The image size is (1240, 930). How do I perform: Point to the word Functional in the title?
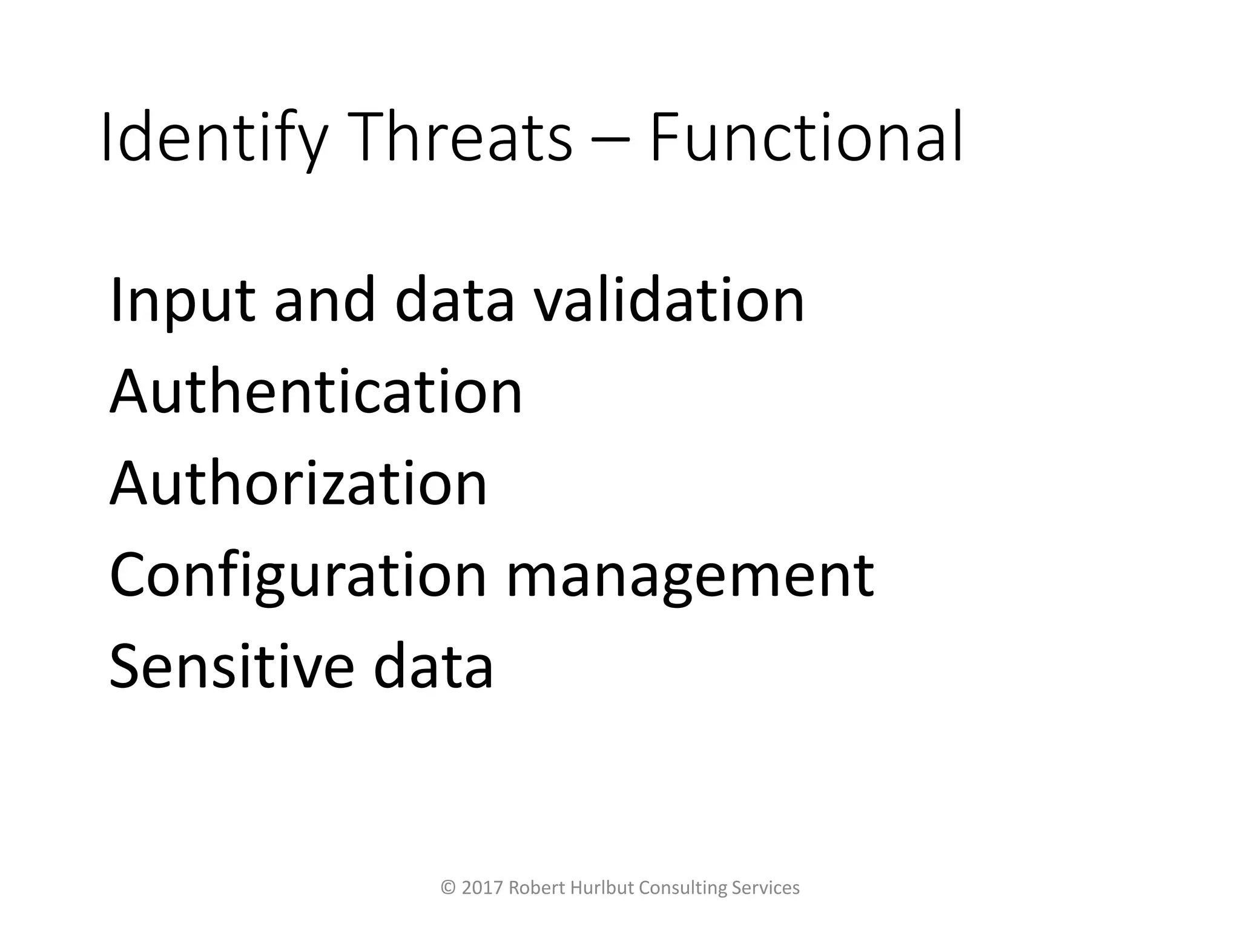(x=806, y=138)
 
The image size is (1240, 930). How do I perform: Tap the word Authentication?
(x=315, y=392)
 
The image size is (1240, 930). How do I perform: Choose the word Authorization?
(x=298, y=484)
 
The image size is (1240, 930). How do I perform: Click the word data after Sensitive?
(x=434, y=667)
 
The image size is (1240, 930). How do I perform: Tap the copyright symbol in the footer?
(x=449, y=888)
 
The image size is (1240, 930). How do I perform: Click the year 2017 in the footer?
(x=483, y=888)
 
